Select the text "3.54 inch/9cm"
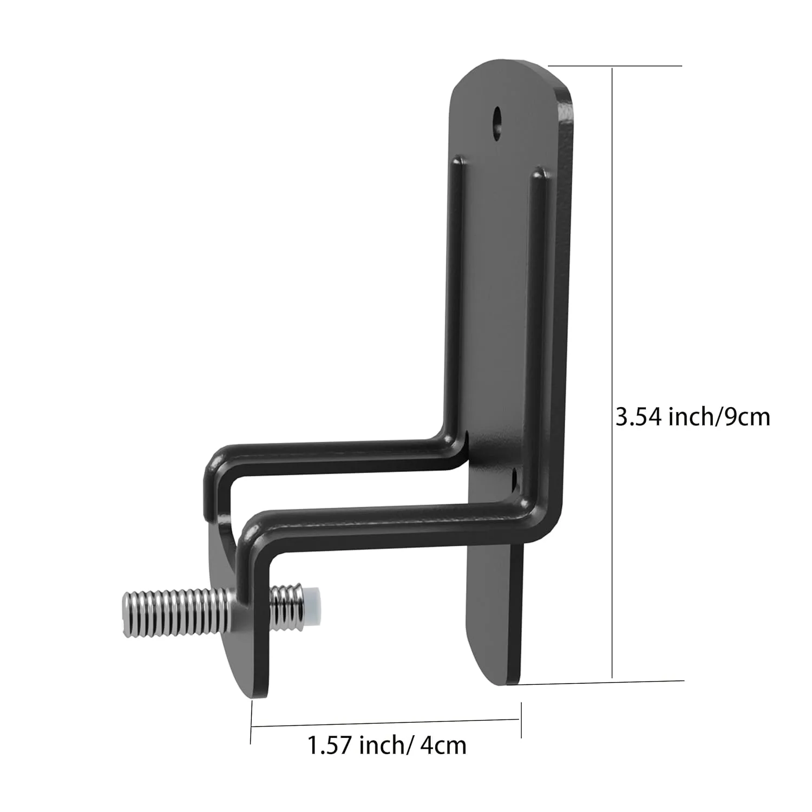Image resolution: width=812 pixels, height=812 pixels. pos(692,417)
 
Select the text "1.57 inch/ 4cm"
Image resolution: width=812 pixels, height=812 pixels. pos(387,745)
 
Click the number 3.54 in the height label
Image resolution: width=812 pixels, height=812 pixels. pos(640,417)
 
